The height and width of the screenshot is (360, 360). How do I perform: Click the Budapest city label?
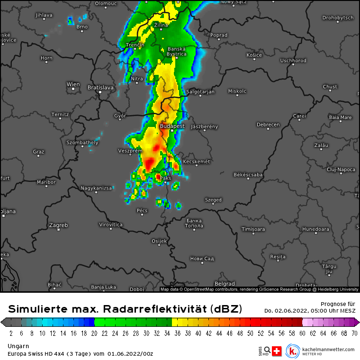tap(172, 126)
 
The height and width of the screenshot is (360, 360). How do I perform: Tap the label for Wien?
tap(73, 85)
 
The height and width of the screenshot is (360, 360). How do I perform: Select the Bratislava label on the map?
tap(101, 88)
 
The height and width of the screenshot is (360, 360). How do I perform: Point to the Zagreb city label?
tap(59, 225)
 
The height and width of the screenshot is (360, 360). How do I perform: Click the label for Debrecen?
tap(268, 125)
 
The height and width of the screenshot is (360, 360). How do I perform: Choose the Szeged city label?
tap(213, 200)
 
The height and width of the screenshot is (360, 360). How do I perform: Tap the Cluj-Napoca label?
tap(341, 169)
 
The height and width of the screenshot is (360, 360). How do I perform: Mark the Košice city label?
tap(254, 55)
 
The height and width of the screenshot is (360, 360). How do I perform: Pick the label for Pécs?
tap(142, 210)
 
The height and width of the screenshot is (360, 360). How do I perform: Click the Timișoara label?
tap(253, 229)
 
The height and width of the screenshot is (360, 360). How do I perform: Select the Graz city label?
tap(39, 152)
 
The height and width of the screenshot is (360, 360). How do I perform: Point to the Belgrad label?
tap(225, 284)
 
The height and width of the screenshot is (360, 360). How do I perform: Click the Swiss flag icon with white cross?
tap(277, 351)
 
